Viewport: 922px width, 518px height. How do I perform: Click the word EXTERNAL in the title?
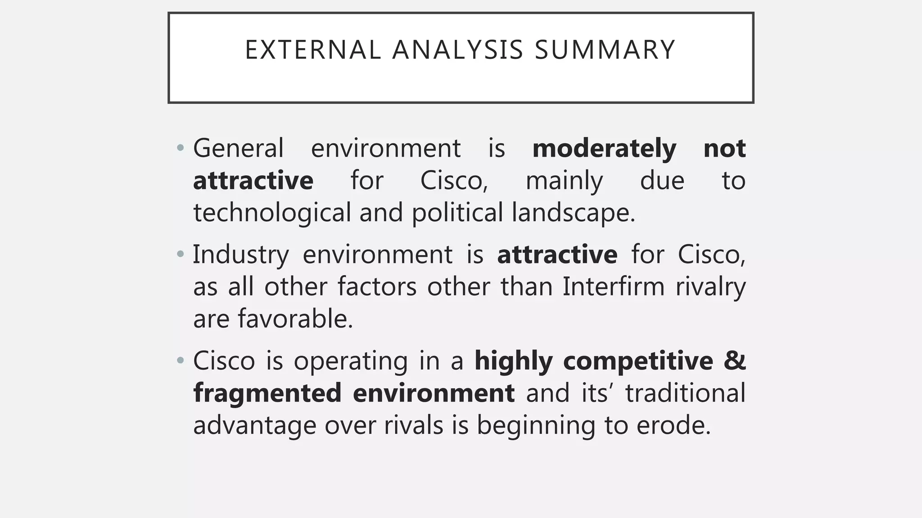313,50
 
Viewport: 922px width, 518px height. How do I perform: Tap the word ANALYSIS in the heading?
458,50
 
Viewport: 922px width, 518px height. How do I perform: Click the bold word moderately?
604,148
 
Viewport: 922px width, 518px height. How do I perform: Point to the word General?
238,148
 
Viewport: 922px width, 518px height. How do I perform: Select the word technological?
272,213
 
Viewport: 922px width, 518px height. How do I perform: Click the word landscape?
573,213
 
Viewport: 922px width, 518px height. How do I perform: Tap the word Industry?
241,255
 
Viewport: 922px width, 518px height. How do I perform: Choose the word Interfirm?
613,286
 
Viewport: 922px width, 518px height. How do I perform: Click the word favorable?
295,319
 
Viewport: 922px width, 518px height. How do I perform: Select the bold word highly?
513,361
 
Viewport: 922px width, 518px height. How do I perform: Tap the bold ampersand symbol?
735,361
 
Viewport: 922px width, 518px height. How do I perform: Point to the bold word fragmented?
267,393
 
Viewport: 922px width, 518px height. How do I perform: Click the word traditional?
685,393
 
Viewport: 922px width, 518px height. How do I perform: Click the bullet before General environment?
181,148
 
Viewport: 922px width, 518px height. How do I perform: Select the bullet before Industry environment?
181,254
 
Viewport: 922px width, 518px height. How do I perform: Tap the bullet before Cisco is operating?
181,360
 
